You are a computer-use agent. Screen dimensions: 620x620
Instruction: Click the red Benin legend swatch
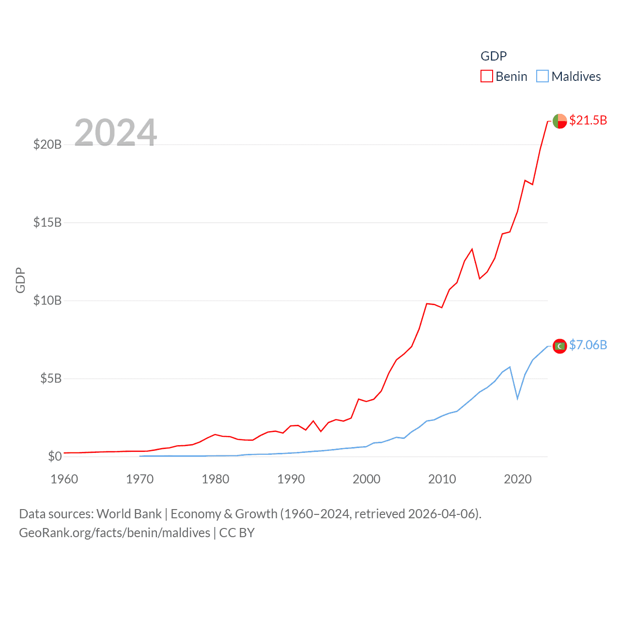click(486, 77)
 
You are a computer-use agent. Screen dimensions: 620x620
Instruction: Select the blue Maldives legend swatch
click(542, 77)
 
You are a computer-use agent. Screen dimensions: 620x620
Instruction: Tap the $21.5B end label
click(588, 120)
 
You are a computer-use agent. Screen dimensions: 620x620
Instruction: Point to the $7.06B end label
click(588, 345)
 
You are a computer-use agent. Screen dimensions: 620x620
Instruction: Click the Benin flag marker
click(559, 121)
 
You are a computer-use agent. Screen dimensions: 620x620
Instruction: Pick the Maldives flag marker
click(559, 346)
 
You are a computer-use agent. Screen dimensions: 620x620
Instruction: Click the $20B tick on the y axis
click(47, 144)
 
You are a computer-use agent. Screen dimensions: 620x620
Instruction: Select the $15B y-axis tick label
click(47, 222)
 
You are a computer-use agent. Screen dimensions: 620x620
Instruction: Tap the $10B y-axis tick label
click(47, 300)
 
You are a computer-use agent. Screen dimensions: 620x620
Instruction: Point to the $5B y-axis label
click(51, 378)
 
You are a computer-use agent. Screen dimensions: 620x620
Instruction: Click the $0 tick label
click(55, 456)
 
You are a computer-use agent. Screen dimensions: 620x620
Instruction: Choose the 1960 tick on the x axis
click(64, 479)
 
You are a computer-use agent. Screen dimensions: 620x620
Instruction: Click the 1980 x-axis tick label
click(216, 479)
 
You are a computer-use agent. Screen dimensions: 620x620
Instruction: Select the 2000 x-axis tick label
click(367, 479)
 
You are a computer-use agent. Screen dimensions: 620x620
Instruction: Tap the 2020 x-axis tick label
click(518, 479)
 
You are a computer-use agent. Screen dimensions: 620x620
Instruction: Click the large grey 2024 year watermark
click(116, 132)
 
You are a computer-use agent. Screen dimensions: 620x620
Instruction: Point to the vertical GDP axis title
click(20, 280)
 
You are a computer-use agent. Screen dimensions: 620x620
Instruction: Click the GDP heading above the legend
click(494, 56)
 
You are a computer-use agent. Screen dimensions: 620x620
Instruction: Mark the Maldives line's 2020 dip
click(518, 398)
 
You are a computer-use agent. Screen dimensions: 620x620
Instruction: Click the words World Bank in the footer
click(129, 514)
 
